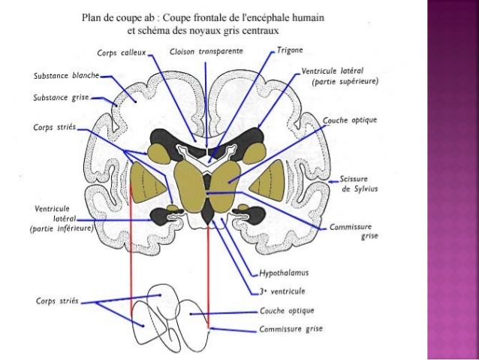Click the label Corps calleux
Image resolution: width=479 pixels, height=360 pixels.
(x=121, y=53)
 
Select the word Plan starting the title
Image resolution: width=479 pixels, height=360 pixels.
(x=92, y=17)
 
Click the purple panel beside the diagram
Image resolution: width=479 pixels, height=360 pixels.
(x=453, y=180)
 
